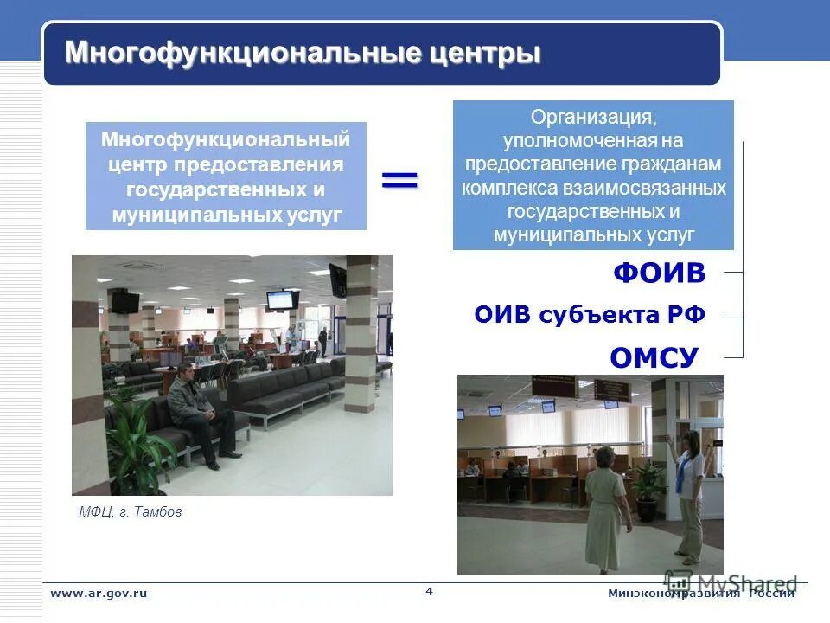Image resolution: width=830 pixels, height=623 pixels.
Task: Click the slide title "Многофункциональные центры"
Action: [x=303, y=53]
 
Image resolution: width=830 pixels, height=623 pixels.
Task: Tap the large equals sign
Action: [x=399, y=179]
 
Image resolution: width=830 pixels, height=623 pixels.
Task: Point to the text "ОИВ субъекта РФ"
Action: [x=590, y=316]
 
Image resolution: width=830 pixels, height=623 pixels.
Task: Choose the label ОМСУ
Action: [x=654, y=356]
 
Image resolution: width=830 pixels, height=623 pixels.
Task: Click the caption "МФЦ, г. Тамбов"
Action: [x=131, y=512]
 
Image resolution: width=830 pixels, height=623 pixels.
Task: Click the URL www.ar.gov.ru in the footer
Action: [x=99, y=593]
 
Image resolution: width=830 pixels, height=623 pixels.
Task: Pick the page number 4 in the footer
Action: [x=430, y=591]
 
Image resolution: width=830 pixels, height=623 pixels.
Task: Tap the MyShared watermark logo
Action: [x=731, y=583]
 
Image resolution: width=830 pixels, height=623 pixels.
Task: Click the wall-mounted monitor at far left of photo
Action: [x=124, y=302]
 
